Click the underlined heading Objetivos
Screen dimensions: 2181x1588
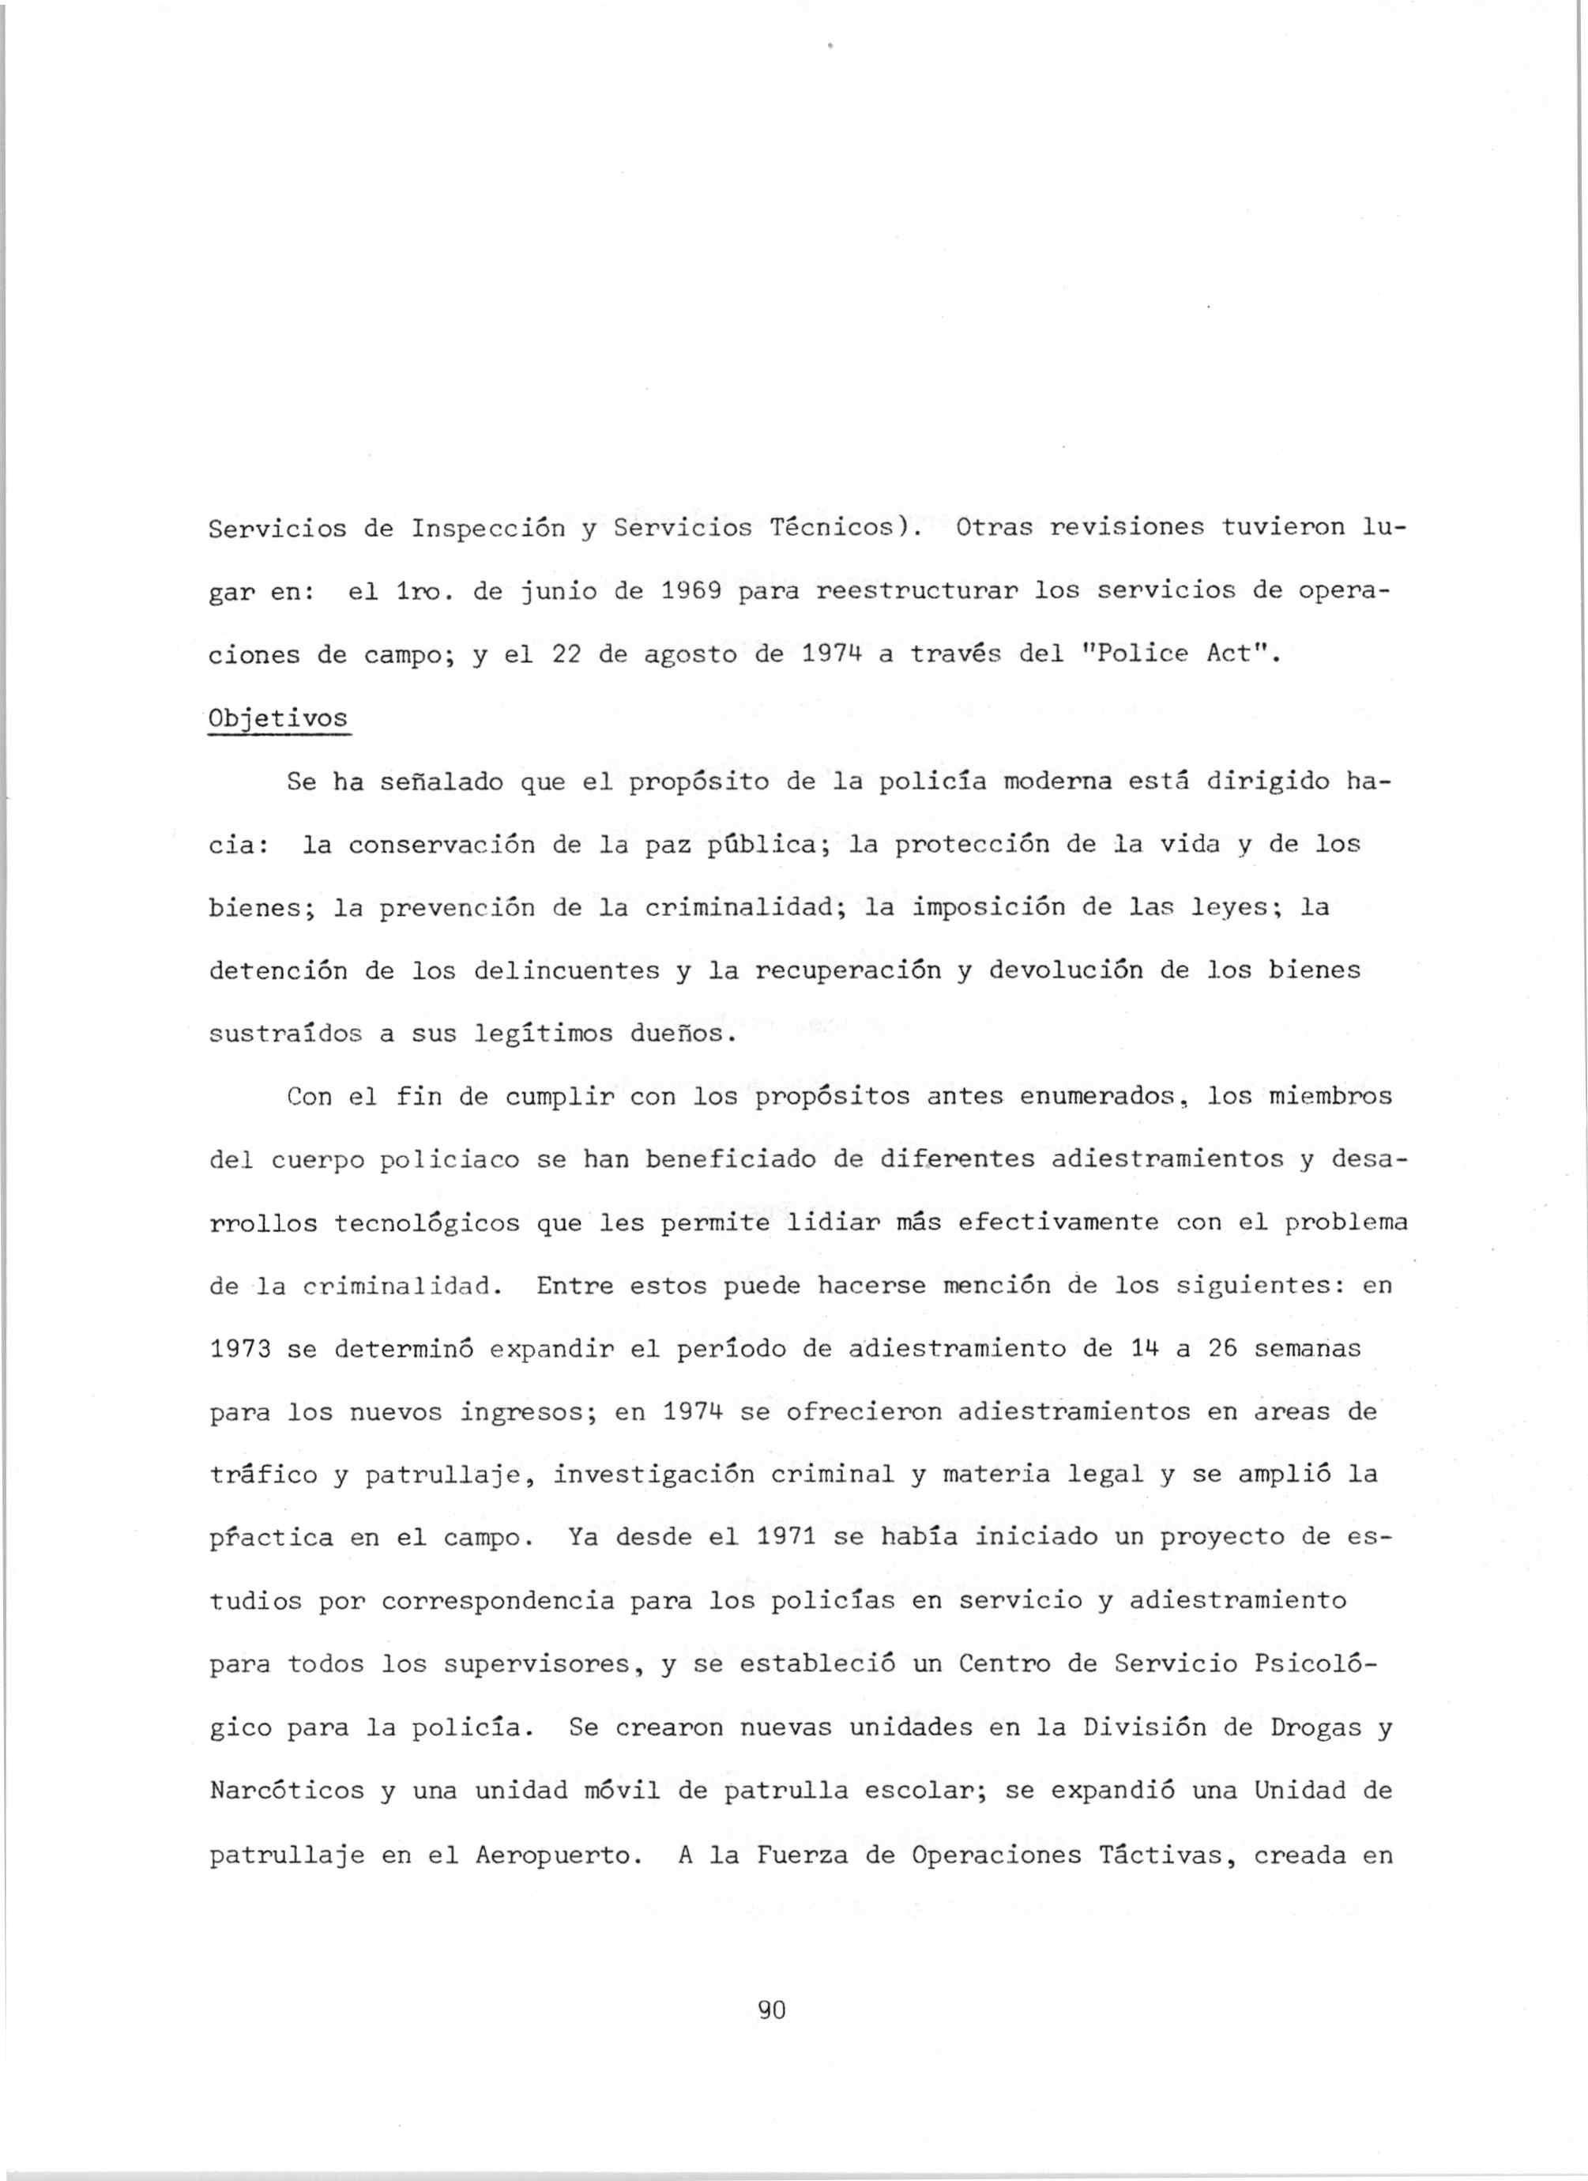pyautogui.click(x=280, y=719)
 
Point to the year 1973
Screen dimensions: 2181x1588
pyautogui.click(x=240, y=1349)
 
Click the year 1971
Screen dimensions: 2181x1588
pyautogui.click(x=786, y=1537)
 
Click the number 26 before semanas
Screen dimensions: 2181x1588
pyautogui.click(x=1221, y=1349)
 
